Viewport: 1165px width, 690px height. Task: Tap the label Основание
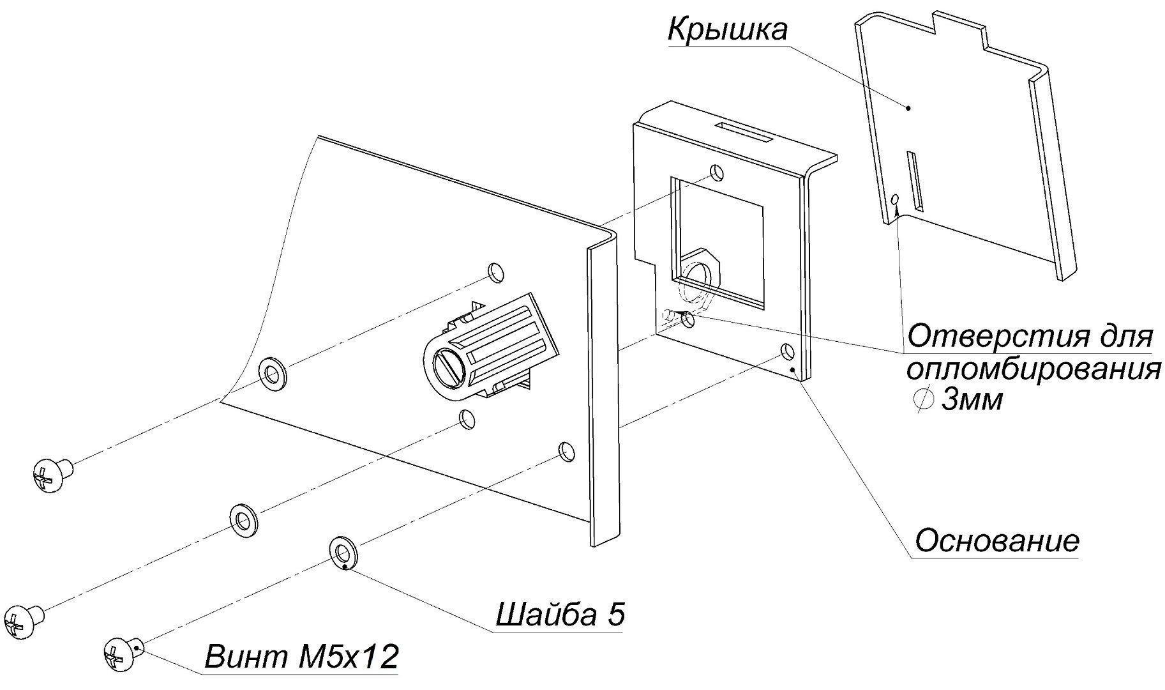(x=996, y=541)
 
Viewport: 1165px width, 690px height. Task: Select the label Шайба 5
(x=560, y=615)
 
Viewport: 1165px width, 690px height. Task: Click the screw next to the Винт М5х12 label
(x=120, y=654)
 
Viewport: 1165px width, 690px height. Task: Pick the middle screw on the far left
(x=22, y=620)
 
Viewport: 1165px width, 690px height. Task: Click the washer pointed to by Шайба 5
(x=343, y=550)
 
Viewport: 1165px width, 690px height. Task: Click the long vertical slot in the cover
(x=915, y=181)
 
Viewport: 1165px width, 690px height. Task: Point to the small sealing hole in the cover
(x=896, y=200)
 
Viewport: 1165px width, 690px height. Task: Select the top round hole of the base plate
(x=718, y=172)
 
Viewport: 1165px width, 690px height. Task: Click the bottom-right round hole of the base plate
(x=787, y=351)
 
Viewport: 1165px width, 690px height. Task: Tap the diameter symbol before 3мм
(x=921, y=401)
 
